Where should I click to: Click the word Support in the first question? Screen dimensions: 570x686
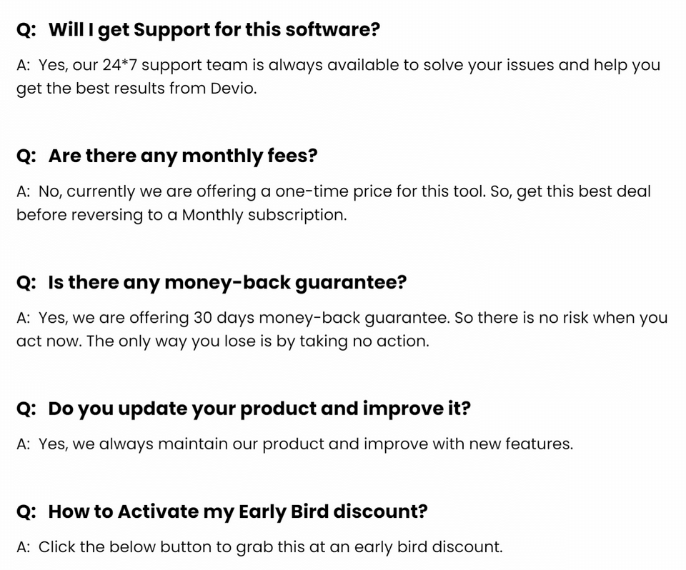pyautogui.click(x=169, y=30)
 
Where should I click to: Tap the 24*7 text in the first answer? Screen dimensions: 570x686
pyautogui.click(x=122, y=65)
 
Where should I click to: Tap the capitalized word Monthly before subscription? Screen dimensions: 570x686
pyautogui.click(x=212, y=215)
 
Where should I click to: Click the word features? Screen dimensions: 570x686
pyautogui.click(x=538, y=444)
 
